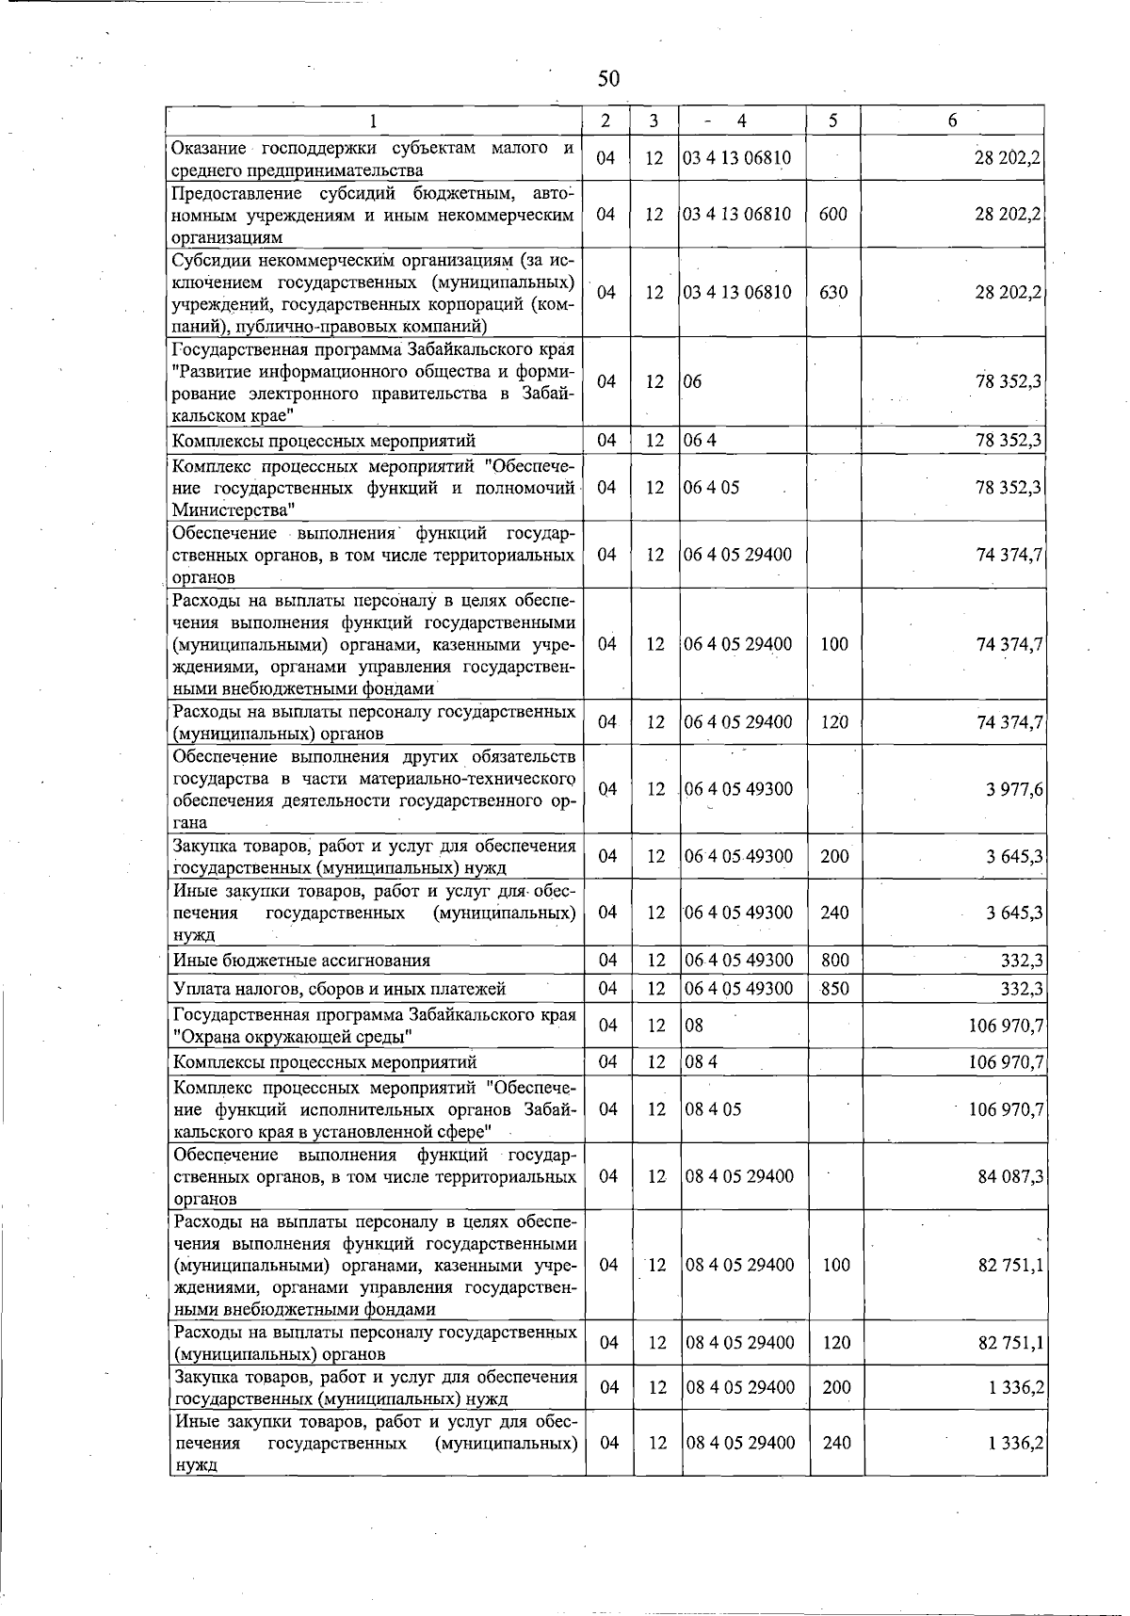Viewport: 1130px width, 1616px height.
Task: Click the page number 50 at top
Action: (608, 78)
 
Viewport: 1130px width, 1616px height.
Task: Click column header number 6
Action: (953, 121)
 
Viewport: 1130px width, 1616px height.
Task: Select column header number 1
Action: (374, 121)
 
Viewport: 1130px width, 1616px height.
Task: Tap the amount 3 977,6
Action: (1014, 789)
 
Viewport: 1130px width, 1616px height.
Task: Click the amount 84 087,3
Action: (1010, 1176)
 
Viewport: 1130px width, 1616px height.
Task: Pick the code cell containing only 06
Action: (693, 381)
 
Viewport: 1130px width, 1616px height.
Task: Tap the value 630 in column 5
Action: (833, 292)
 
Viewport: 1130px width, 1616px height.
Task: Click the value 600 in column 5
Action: (833, 215)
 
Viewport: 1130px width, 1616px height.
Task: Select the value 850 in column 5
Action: (835, 989)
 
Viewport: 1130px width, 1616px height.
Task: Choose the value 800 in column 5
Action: (835, 961)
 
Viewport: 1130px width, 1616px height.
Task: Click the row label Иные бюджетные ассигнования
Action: (302, 961)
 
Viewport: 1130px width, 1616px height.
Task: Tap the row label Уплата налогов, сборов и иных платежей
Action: (340, 989)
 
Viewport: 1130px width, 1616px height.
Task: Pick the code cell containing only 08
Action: (694, 1026)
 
